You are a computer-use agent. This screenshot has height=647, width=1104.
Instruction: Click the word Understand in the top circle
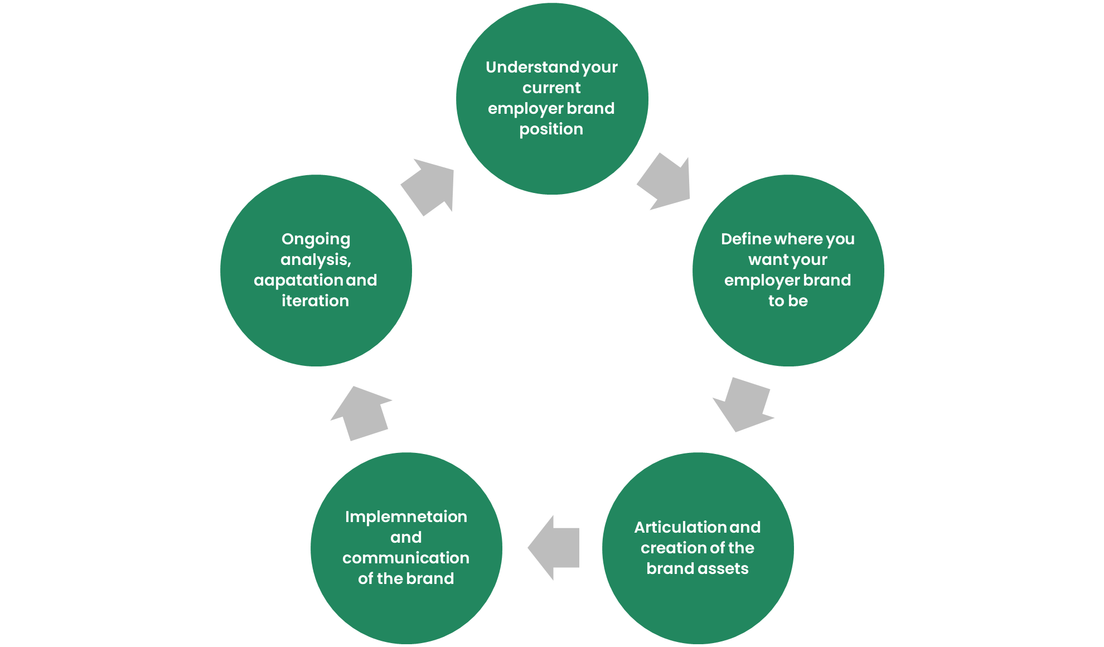532,67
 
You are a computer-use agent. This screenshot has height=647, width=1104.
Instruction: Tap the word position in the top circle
551,129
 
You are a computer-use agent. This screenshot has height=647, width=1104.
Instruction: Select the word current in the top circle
551,88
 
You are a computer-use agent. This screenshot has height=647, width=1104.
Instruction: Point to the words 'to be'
787,301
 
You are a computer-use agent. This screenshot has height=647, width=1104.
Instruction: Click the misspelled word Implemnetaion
406,517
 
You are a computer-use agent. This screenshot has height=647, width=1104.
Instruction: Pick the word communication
406,558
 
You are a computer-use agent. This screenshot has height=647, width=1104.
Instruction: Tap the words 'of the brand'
406,579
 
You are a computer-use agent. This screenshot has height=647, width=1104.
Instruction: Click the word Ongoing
316,239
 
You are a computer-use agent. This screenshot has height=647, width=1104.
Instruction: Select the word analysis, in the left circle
316,260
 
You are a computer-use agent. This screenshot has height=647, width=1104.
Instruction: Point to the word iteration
316,301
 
